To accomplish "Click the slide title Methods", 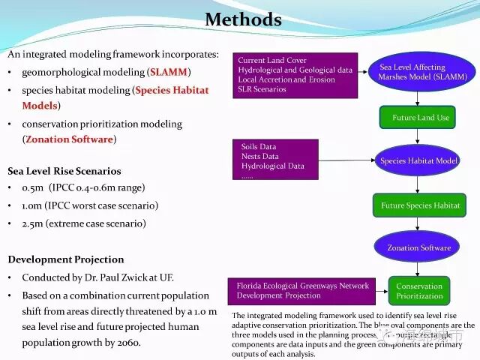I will (x=243, y=19).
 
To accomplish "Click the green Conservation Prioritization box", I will (x=418, y=291).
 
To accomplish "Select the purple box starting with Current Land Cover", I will (x=295, y=75).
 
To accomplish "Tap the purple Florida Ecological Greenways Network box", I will (x=303, y=291).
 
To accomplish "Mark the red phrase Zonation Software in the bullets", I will (x=69, y=139).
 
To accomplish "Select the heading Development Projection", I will (x=66, y=259).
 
